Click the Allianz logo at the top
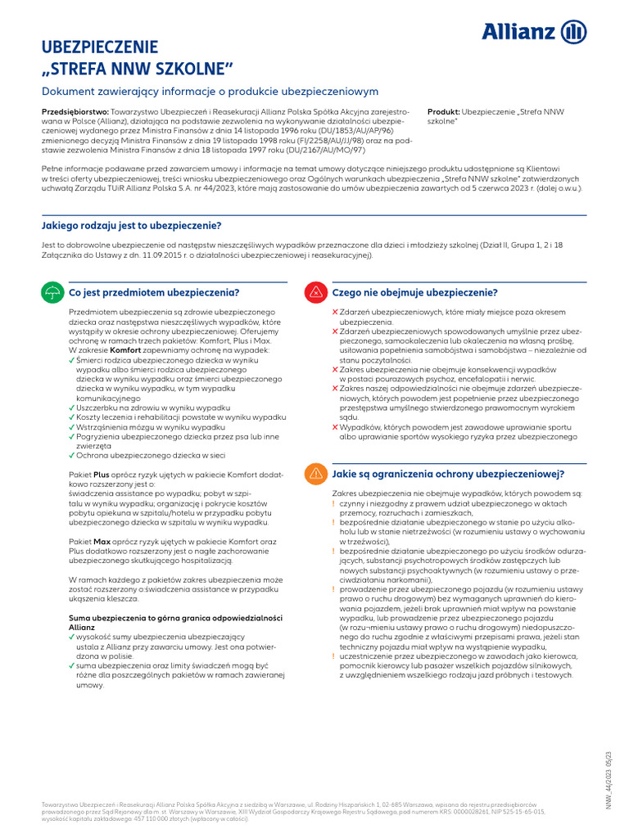(533, 32)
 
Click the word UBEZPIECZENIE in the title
(100, 47)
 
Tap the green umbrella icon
(52, 293)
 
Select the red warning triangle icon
(314, 293)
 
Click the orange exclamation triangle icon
(314, 474)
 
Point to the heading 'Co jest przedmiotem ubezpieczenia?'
(153, 292)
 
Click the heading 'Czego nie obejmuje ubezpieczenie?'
(414, 292)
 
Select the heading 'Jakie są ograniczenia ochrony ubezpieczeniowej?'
(447, 473)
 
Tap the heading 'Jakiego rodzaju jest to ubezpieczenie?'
(131, 225)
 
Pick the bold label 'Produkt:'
(444, 110)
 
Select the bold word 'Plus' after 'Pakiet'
(102, 474)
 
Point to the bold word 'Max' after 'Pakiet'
(102, 541)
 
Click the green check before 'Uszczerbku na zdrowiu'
(72, 408)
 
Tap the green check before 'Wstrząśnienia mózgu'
(72, 427)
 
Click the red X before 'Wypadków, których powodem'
(335, 427)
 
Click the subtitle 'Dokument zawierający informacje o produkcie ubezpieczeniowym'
(210, 92)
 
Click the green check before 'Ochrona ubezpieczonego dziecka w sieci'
(72, 455)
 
